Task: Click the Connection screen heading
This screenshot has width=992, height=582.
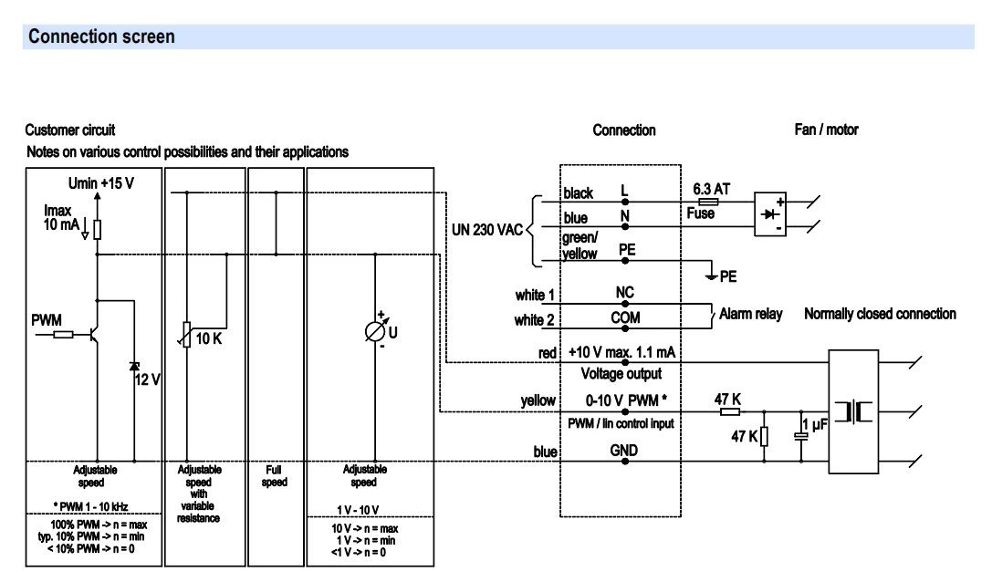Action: tap(101, 36)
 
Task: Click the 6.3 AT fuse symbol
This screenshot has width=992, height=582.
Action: tap(708, 202)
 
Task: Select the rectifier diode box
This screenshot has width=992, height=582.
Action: tap(770, 214)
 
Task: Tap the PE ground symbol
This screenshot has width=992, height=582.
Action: tap(712, 275)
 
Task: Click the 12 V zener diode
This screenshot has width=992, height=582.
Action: tap(134, 367)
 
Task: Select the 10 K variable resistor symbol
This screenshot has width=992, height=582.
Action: tap(186, 335)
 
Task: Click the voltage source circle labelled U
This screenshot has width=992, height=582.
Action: tap(374, 331)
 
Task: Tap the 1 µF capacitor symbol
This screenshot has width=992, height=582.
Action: tap(801, 436)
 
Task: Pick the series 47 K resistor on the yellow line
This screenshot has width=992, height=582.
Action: tap(730, 411)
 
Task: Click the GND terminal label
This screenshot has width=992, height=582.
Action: tap(624, 451)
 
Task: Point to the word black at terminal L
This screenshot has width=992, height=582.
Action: tap(579, 193)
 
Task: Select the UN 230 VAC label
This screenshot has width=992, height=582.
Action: tap(487, 230)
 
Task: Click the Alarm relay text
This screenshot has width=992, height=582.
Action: tap(751, 314)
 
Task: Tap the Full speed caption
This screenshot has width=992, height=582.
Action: tap(275, 475)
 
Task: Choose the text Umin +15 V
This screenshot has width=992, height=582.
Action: tap(101, 183)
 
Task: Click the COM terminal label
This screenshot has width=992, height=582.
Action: tap(625, 317)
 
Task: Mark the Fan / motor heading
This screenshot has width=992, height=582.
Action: tap(826, 130)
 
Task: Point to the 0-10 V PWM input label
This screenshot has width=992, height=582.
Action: tap(626, 400)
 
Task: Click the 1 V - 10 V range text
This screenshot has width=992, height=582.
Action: tap(358, 510)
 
